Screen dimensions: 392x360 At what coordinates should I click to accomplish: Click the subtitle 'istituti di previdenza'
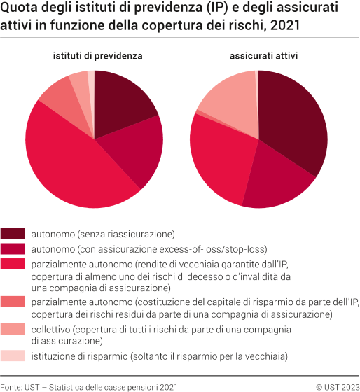[x=95, y=56]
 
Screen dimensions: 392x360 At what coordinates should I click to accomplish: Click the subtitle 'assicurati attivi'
[x=258, y=56]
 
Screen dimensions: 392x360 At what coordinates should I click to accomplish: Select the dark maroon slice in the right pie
[x=294, y=119]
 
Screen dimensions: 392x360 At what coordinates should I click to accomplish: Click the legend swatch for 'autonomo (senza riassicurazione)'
[x=13, y=233]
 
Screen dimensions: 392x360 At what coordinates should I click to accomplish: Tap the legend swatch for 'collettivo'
[x=13, y=329]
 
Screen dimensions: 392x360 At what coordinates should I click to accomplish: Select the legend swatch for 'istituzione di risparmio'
[x=13, y=357]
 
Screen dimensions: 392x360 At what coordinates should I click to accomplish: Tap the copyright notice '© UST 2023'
[x=337, y=386]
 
